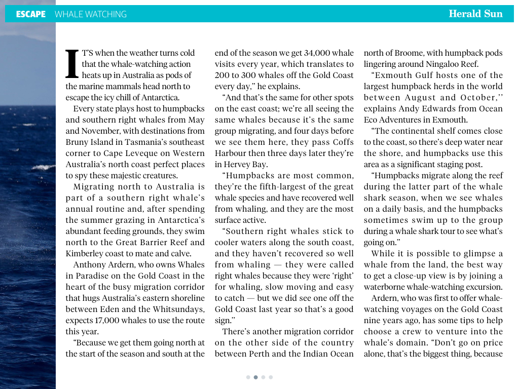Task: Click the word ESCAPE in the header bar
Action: click(x=30, y=14)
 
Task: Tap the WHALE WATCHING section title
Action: click(x=91, y=14)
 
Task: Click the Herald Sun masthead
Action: click(x=475, y=14)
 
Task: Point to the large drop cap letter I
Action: click(x=73, y=64)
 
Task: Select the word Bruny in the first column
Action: click(x=77, y=142)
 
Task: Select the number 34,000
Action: click(x=313, y=53)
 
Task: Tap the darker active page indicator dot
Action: click(x=256, y=377)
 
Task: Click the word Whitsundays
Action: click(x=177, y=309)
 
